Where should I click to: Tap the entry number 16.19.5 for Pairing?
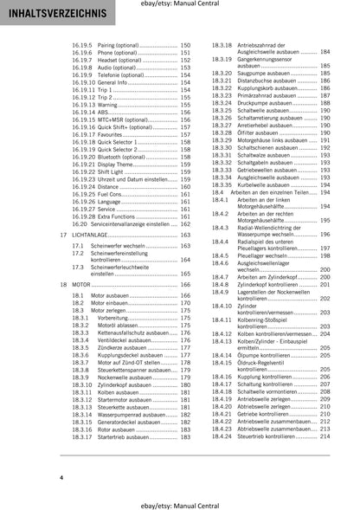click(83, 43)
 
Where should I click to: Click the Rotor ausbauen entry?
click(121, 429)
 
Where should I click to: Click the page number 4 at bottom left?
click(61, 478)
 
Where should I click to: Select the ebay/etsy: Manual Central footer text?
click(179, 500)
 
